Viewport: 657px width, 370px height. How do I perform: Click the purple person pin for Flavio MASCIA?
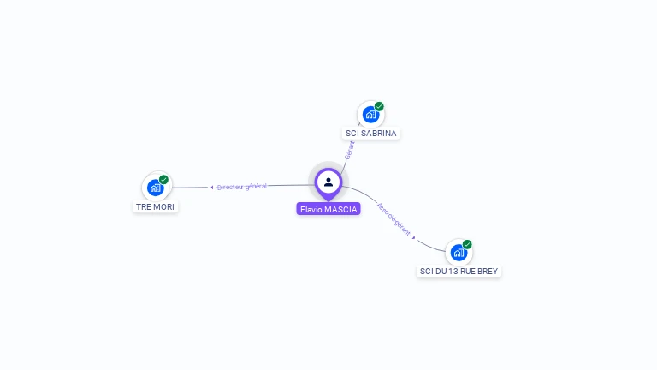[x=328, y=182]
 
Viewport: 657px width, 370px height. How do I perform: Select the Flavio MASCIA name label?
[x=328, y=209]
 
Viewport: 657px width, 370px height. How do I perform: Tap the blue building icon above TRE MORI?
[x=155, y=187]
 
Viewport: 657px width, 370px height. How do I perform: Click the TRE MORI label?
[x=156, y=206]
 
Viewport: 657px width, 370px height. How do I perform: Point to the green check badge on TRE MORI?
[x=163, y=180]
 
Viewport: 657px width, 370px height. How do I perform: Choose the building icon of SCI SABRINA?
[x=370, y=114]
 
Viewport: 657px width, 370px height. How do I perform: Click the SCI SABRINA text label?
[x=370, y=134]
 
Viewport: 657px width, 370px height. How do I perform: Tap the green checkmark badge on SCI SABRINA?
[x=379, y=107]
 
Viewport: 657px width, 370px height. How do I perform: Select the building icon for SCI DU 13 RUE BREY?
[x=459, y=252]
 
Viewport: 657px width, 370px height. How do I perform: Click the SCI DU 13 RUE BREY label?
[x=459, y=271]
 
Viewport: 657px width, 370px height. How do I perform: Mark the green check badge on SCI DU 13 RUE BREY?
[x=467, y=244]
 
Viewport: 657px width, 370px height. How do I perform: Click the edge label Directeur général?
[x=242, y=186]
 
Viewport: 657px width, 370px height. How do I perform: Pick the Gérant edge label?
[x=349, y=150]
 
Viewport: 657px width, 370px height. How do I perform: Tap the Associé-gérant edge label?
[x=394, y=219]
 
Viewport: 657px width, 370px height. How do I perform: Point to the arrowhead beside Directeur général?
[x=212, y=187]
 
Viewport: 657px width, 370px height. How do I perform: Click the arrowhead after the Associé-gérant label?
[x=414, y=237]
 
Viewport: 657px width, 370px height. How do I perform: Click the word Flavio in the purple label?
[x=311, y=209]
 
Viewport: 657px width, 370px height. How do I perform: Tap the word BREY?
[x=487, y=271]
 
